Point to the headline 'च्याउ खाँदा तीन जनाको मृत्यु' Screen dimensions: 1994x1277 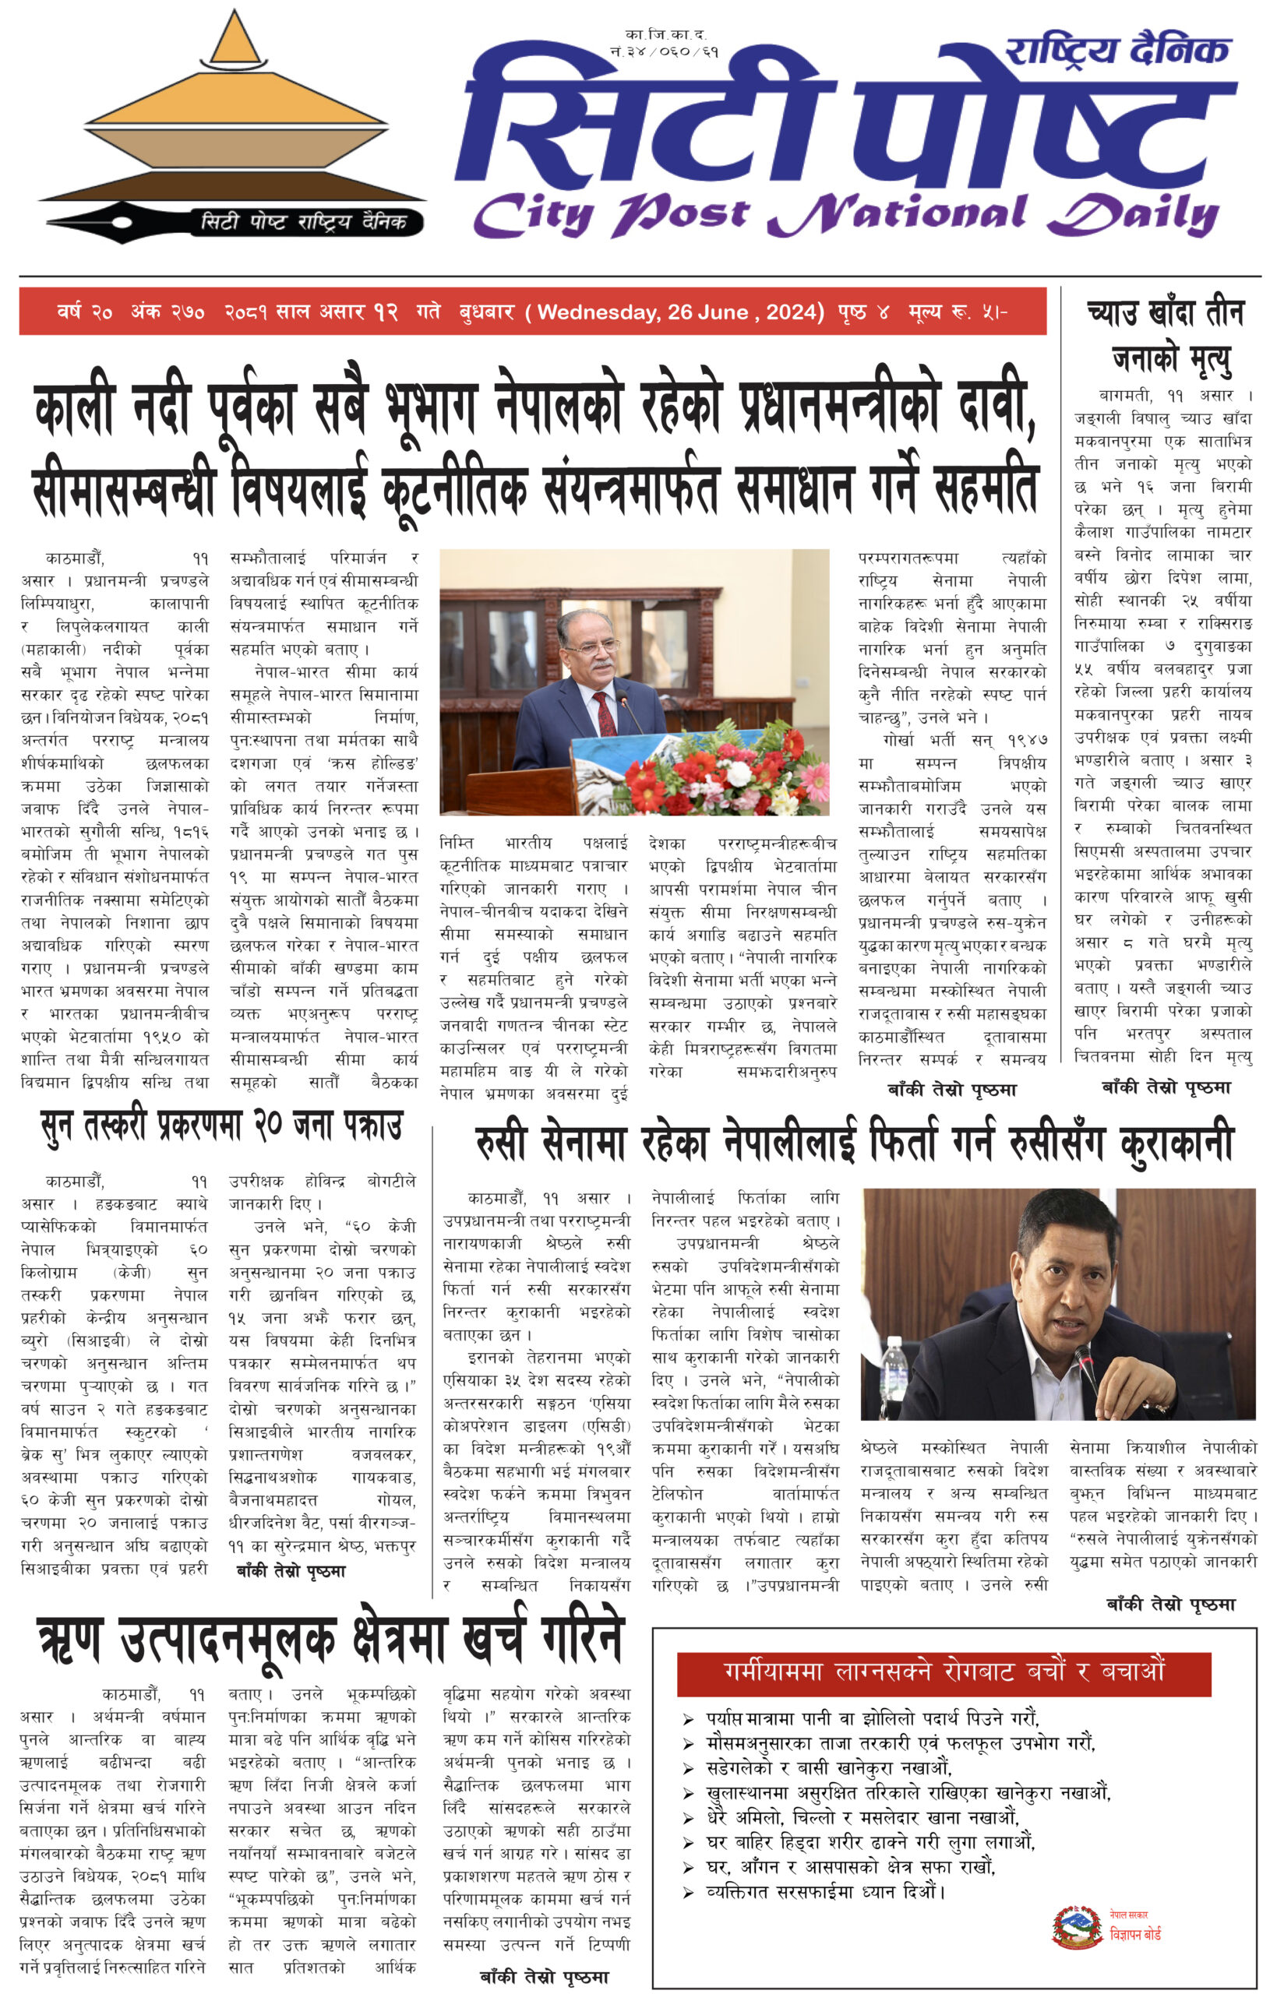coord(1164,336)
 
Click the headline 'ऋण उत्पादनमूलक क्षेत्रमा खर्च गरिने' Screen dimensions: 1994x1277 coord(330,1640)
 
